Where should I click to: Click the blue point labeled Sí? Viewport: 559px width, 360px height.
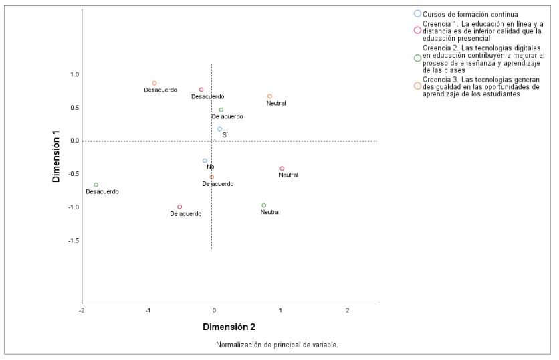(x=219, y=129)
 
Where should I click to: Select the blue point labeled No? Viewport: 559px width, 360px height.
(x=205, y=161)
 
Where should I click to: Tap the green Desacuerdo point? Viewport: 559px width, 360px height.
(x=96, y=185)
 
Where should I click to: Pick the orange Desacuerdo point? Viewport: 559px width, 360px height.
(x=154, y=83)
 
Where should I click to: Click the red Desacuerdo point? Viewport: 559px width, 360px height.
(x=201, y=90)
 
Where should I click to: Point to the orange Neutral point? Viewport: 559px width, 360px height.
(x=270, y=96)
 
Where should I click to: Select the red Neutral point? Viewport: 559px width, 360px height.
(x=282, y=169)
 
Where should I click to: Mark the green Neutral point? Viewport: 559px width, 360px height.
(x=264, y=205)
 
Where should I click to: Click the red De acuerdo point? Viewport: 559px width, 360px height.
(x=180, y=207)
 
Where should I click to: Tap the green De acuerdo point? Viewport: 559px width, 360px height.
(x=221, y=110)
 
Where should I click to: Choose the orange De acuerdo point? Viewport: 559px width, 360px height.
(x=212, y=177)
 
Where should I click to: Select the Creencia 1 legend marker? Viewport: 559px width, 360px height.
(x=418, y=30)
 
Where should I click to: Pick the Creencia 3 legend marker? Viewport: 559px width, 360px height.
(x=418, y=86)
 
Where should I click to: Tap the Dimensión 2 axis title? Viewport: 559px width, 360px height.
(x=229, y=327)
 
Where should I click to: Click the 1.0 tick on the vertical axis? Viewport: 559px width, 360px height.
(x=74, y=74)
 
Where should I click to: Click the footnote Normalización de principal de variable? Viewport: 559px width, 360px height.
(x=277, y=345)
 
